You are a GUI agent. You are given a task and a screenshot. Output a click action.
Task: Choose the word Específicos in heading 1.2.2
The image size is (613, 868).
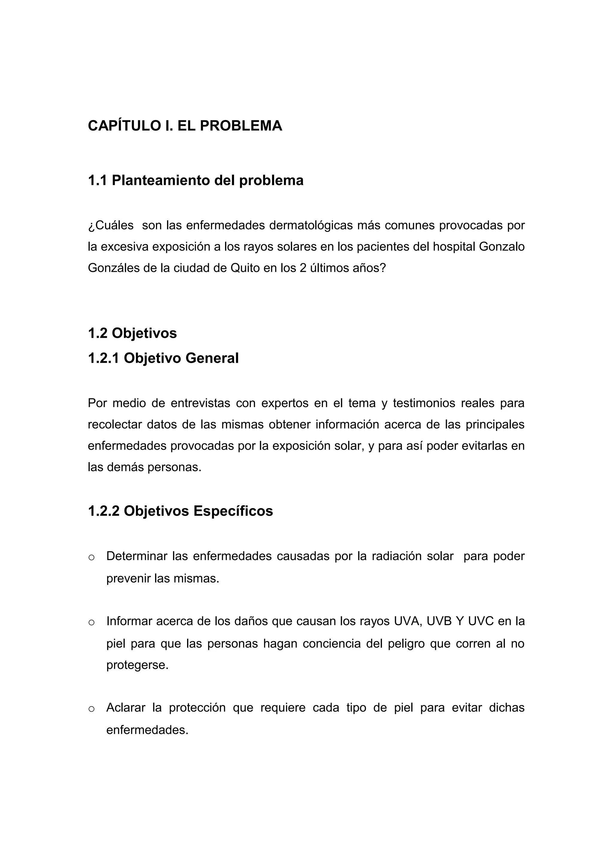click(x=233, y=511)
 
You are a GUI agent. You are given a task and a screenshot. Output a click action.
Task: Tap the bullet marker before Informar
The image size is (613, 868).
click(x=91, y=623)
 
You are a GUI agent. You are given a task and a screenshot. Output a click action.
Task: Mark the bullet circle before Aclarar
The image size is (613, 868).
click(x=91, y=709)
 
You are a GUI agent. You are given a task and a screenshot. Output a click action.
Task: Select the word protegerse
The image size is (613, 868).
click(x=137, y=665)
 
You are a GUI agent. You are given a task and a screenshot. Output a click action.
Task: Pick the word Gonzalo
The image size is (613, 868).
click(x=502, y=247)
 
